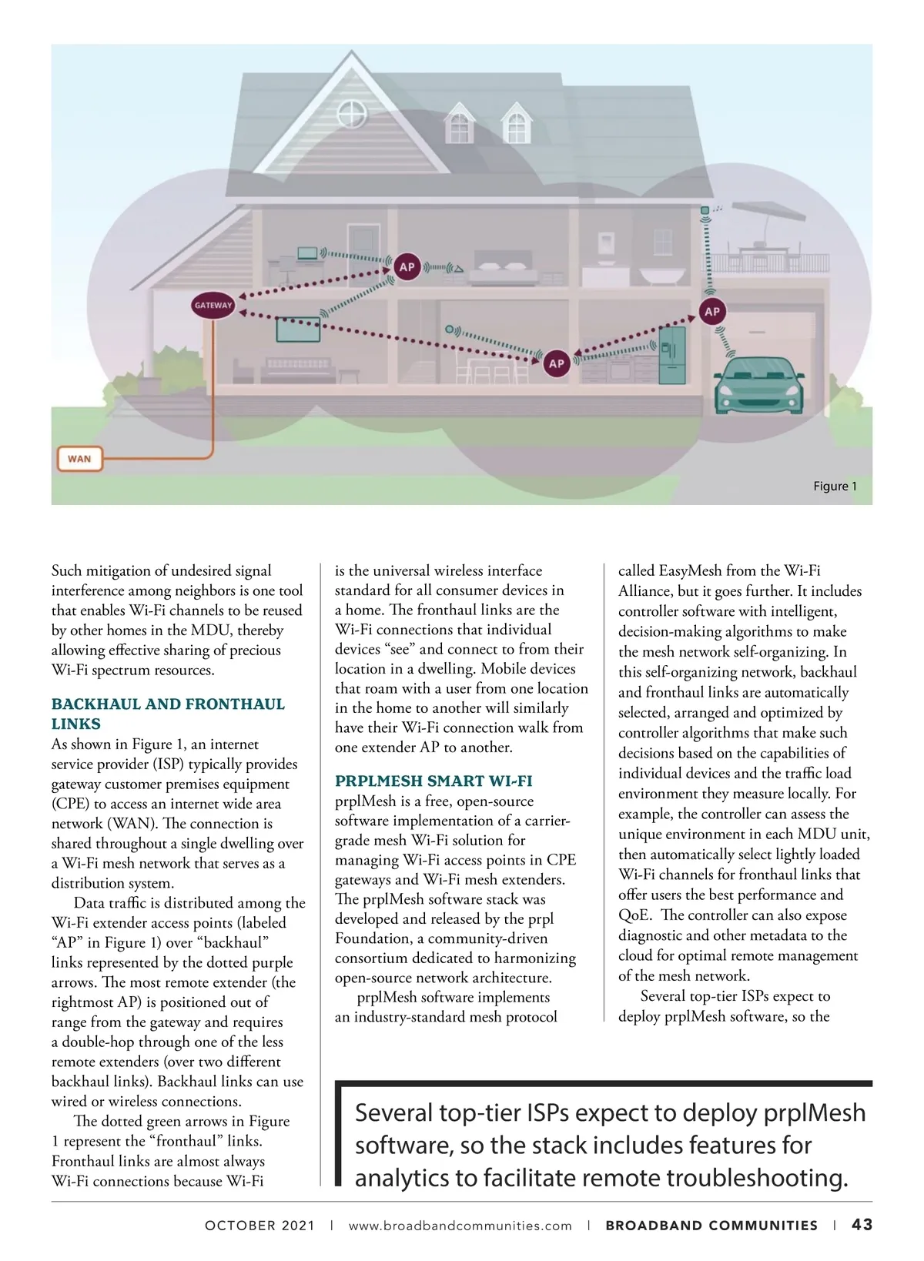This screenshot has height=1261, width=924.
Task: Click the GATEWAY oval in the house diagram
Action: point(213,306)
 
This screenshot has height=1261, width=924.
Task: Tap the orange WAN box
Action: point(79,459)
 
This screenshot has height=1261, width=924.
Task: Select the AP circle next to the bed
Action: point(407,267)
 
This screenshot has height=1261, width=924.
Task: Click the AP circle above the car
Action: point(712,311)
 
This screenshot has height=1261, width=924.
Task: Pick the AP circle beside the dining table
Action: point(556,363)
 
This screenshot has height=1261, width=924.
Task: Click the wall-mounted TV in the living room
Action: point(298,329)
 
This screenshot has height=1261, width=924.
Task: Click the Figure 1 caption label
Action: point(835,487)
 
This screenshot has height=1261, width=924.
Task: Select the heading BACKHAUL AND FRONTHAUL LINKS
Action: point(168,714)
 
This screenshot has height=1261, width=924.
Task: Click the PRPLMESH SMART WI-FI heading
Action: point(434,781)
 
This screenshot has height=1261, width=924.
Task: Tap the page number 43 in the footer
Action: point(862,1225)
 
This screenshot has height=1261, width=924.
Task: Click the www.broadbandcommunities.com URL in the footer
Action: point(460,1226)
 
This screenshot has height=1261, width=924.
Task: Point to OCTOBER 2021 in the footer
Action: point(259,1226)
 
